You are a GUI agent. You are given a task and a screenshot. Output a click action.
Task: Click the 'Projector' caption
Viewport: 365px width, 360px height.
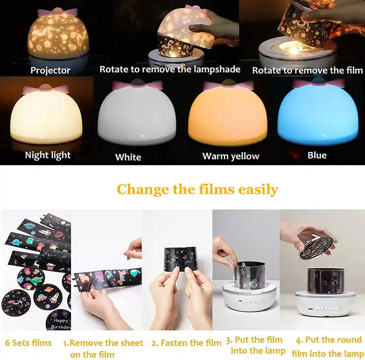coord(50,70)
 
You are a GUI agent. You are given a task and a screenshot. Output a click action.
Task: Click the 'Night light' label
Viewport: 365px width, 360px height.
coord(48,155)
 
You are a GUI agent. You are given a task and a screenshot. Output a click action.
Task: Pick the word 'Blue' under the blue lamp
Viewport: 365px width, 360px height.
coord(317,155)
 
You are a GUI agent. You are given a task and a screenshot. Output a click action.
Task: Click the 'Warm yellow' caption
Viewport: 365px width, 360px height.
coord(231,156)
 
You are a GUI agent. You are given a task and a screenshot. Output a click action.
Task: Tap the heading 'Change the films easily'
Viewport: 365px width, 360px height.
coord(197,189)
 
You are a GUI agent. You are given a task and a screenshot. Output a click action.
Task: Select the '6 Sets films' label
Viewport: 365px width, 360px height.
coord(28,343)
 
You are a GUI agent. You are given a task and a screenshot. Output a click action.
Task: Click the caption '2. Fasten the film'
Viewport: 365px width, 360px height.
coord(186,343)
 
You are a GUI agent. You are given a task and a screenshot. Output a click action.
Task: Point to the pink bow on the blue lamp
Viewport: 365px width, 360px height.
coord(318,83)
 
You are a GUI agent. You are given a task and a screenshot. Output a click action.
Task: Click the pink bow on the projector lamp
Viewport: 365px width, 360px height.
coord(57,12)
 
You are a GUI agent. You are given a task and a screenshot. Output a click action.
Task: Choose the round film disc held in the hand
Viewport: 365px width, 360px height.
coord(318,247)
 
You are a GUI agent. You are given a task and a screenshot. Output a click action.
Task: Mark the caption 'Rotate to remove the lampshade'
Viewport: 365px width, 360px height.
coord(170,69)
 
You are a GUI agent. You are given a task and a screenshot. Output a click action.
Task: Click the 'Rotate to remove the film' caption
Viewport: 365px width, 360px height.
coord(308,70)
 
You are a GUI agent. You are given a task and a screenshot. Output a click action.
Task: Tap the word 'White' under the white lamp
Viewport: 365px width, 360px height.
coord(128,157)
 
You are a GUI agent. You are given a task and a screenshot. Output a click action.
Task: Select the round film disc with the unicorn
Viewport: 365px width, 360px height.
coord(16,303)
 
